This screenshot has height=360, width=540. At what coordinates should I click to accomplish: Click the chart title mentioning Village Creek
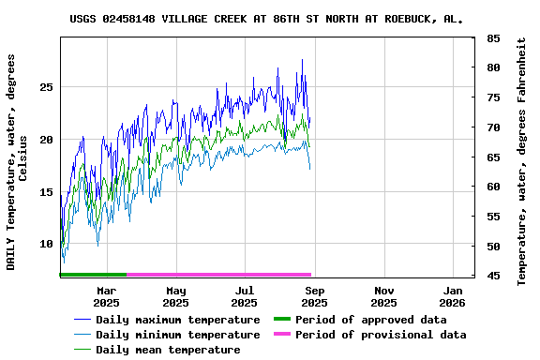point(266,18)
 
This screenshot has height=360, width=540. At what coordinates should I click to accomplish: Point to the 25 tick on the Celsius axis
point(45,87)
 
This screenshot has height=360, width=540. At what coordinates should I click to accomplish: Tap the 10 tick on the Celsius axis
point(45,245)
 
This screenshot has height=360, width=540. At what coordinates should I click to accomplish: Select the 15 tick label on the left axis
point(45,192)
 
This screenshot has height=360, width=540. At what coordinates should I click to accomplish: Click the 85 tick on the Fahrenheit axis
point(493,38)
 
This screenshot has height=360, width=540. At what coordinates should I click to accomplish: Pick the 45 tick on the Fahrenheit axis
point(493,276)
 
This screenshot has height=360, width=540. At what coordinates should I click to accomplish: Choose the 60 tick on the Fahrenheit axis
point(493,187)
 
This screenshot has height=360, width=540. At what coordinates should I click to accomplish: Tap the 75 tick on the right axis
point(493,97)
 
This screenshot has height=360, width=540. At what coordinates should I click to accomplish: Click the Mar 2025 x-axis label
point(106,296)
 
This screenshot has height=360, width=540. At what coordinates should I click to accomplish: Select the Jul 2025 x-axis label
point(245,296)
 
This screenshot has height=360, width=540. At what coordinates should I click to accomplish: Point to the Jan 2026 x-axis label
point(453,296)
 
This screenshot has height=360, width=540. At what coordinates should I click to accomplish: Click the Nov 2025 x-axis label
point(383,296)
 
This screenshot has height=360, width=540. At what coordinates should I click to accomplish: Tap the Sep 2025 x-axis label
point(314,296)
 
